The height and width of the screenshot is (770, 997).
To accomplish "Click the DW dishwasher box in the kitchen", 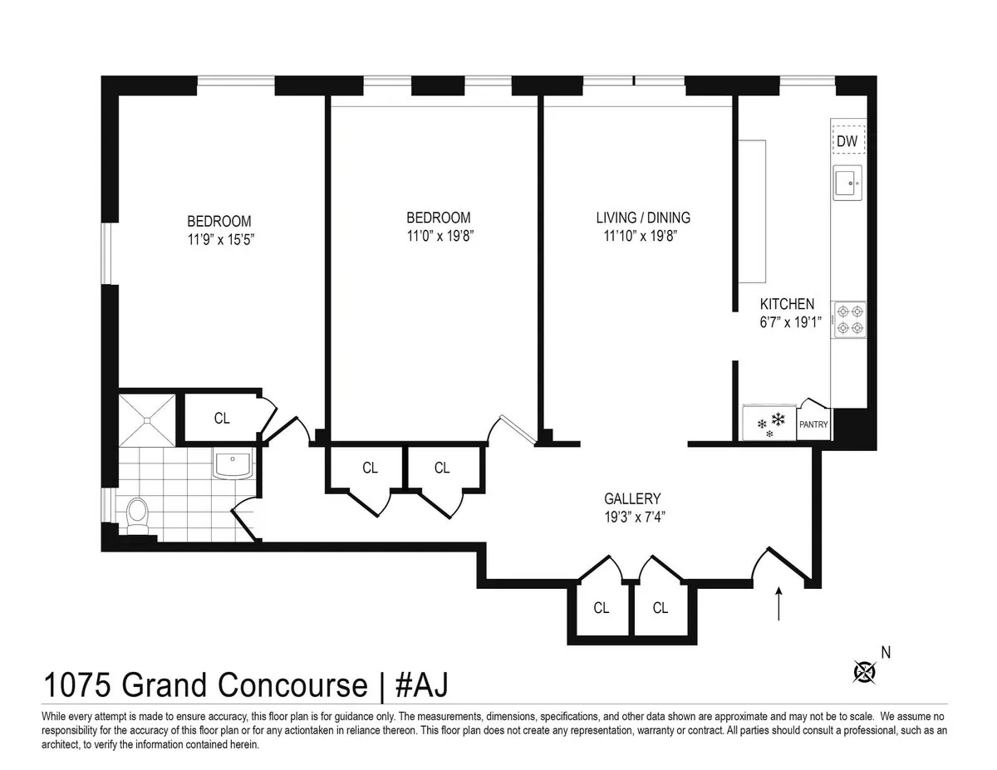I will [847, 141].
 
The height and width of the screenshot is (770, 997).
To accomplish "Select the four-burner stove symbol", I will [849, 319].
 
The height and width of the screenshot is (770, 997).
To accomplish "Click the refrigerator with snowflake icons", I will [769, 423].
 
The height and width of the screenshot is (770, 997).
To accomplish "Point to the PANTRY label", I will [813, 424].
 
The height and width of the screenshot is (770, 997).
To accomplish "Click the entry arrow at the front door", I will [778, 603].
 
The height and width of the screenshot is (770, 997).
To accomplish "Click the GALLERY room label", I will [632, 499].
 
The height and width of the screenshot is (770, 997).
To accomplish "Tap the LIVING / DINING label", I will [643, 218].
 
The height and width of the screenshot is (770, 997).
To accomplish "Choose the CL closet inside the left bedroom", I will [222, 419].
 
